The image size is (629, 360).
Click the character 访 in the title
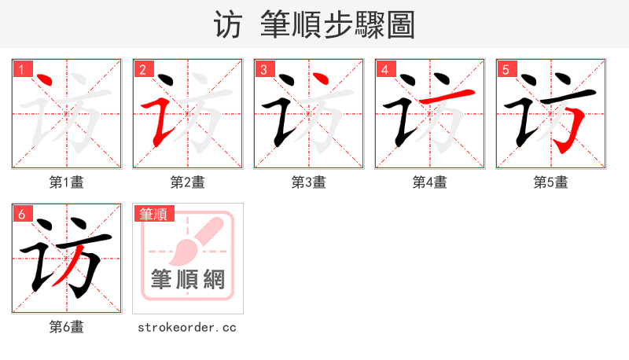click(227, 25)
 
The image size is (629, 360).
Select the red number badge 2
click(142, 69)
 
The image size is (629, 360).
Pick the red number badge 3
click(263, 69)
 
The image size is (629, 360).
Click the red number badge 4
click(384, 69)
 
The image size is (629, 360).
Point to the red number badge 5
click(505, 69)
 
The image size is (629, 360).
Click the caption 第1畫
click(67, 182)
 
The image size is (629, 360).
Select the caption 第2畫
click(188, 182)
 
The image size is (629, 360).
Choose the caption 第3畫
click(309, 182)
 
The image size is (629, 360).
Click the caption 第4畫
click(430, 182)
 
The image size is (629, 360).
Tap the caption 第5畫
click(551, 182)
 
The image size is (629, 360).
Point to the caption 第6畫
click(67, 327)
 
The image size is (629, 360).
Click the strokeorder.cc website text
click(187, 327)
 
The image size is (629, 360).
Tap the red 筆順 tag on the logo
click(153, 214)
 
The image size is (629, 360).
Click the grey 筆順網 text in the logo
click(188, 279)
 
